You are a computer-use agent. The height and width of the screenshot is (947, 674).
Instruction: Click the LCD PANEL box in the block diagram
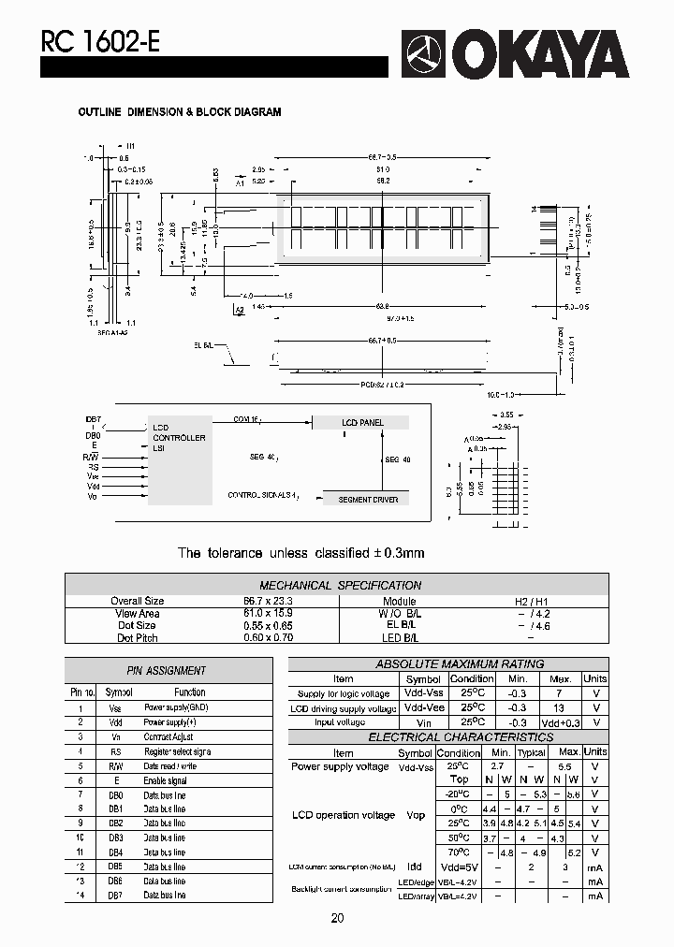[x=361, y=423]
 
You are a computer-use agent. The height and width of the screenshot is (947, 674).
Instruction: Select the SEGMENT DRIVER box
[x=368, y=500]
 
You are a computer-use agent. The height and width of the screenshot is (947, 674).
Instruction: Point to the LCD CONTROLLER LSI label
[x=178, y=438]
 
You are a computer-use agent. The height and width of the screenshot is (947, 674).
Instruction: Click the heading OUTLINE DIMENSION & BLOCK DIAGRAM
[x=179, y=112]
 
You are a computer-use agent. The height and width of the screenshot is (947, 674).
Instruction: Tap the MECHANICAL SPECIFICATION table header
[x=340, y=585]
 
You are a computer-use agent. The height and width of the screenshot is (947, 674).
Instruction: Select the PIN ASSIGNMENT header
[x=166, y=670]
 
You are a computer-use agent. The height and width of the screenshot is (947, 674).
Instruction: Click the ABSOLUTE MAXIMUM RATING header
[x=459, y=664]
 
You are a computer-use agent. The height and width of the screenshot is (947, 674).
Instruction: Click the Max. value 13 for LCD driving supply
[x=560, y=708]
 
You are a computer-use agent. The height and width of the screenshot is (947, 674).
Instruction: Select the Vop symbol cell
[x=416, y=815]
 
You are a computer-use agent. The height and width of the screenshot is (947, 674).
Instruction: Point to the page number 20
[x=337, y=919]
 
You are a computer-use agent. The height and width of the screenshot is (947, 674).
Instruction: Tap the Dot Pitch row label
[x=138, y=637]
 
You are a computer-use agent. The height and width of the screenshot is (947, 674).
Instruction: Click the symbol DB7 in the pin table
[x=115, y=896]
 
